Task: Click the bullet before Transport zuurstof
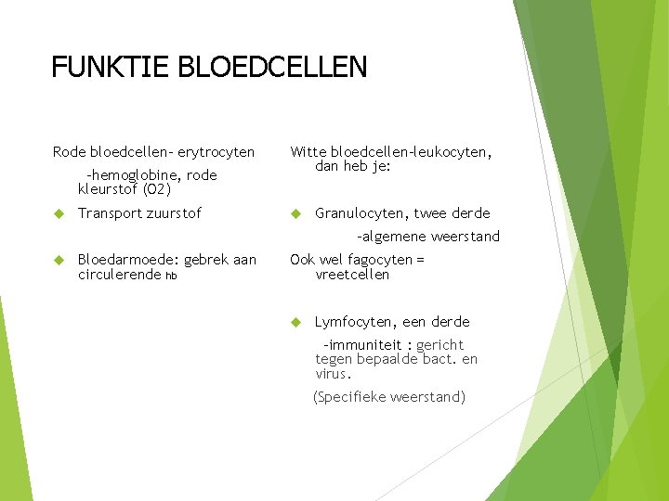pos(58,213)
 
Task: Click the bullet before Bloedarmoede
pos(58,260)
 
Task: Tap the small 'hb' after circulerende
pos(171,276)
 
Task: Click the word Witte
pos(308,151)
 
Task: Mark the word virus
pos(334,375)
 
